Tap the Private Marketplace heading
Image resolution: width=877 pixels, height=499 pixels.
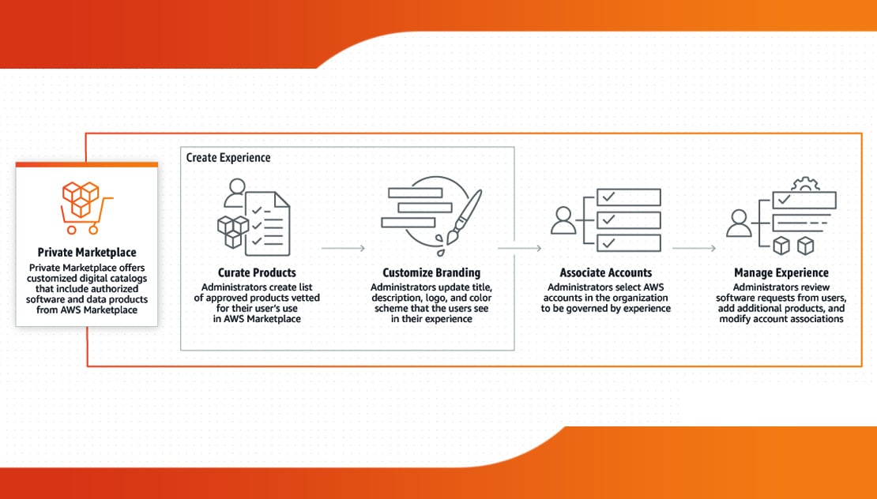click(x=87, y=253)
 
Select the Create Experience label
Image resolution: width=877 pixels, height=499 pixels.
click(x=228, y=158)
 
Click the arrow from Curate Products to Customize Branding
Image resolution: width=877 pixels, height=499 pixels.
click(x=343, y=248)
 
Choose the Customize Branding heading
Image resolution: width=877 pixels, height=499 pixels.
click(x=431, y=273)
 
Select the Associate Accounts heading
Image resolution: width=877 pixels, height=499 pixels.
click(x=606, y=273)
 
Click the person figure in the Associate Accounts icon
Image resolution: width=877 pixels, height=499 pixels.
click(x=563, y=220)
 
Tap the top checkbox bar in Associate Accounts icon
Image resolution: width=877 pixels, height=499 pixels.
click(x=628, y=197)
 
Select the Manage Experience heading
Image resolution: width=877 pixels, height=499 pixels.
click(x=781, y=273)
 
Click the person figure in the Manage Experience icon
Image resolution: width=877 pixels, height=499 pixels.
click(x=738, y=223)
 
